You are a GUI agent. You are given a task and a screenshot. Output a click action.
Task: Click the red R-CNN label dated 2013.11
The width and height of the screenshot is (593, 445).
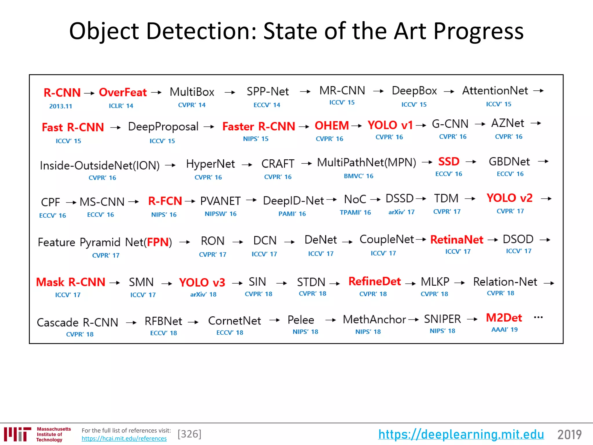click(x=62, y=93)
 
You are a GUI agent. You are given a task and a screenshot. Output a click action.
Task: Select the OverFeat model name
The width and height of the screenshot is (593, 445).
click(x=123, y=92)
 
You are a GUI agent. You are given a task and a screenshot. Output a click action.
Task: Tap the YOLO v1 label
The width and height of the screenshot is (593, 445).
click(x=390, y=125)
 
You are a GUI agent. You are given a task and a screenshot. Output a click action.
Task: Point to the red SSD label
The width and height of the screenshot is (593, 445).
click(x=449, y=161)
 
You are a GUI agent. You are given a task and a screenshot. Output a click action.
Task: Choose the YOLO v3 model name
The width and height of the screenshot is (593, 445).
click(x=202, y=282)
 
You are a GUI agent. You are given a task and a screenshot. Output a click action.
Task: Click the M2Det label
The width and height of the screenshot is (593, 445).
click(x=504, y=318)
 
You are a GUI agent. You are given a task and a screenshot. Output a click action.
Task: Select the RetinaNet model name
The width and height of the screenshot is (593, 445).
click(x=457, y=240)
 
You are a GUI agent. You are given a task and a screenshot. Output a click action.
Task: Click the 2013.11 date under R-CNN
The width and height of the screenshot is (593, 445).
click(x=61, y=106)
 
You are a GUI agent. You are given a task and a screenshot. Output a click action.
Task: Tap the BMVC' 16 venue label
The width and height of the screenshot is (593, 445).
click(x=358, y=176)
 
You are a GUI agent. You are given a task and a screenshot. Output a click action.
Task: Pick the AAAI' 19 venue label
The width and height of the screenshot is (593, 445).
click(x=504, y=330)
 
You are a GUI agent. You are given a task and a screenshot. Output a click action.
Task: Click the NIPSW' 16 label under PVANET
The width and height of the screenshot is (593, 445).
click(x=220, y=214)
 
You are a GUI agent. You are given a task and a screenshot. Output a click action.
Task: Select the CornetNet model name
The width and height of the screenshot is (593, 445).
click(x=235, y=321)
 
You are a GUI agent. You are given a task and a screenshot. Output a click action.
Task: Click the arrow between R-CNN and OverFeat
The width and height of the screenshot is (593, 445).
click(x=89, y=93)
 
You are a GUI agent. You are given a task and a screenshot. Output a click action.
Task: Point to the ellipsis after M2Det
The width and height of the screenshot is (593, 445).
click(x=538, y=318)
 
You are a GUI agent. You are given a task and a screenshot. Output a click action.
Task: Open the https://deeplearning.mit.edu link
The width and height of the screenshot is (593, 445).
click(x=461, y=434)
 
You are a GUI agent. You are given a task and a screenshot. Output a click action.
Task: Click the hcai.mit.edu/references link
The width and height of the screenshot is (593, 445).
click(x=124, y=439)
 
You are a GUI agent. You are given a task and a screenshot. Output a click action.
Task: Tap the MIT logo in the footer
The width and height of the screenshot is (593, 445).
click(x=17, y=434)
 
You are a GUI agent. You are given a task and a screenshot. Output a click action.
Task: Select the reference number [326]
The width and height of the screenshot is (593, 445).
click(x=189, y=434)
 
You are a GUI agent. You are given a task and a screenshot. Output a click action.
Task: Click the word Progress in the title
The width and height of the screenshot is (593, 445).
click(x=478, y=31)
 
